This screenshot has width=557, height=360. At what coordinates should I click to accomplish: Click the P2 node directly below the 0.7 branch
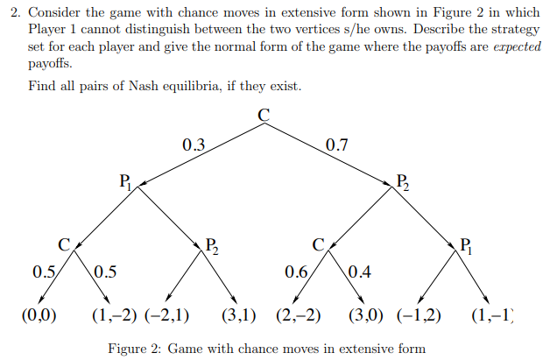(402, 182)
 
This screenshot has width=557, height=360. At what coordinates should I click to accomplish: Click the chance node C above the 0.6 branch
(319, 244)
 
